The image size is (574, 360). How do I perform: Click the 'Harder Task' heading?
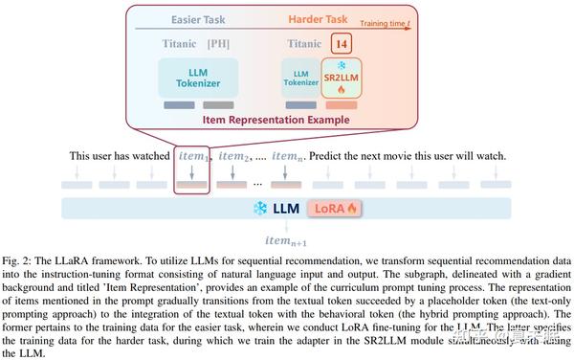[319, 19]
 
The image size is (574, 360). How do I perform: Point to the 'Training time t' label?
[386, 18]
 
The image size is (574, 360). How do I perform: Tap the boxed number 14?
[340, 43]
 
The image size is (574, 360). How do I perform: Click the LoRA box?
[324, 208]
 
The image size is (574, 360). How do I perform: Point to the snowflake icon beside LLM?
[257, 208]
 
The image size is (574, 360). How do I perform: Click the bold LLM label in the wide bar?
[284, 208]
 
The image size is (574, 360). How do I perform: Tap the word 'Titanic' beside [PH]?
[179, 43]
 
